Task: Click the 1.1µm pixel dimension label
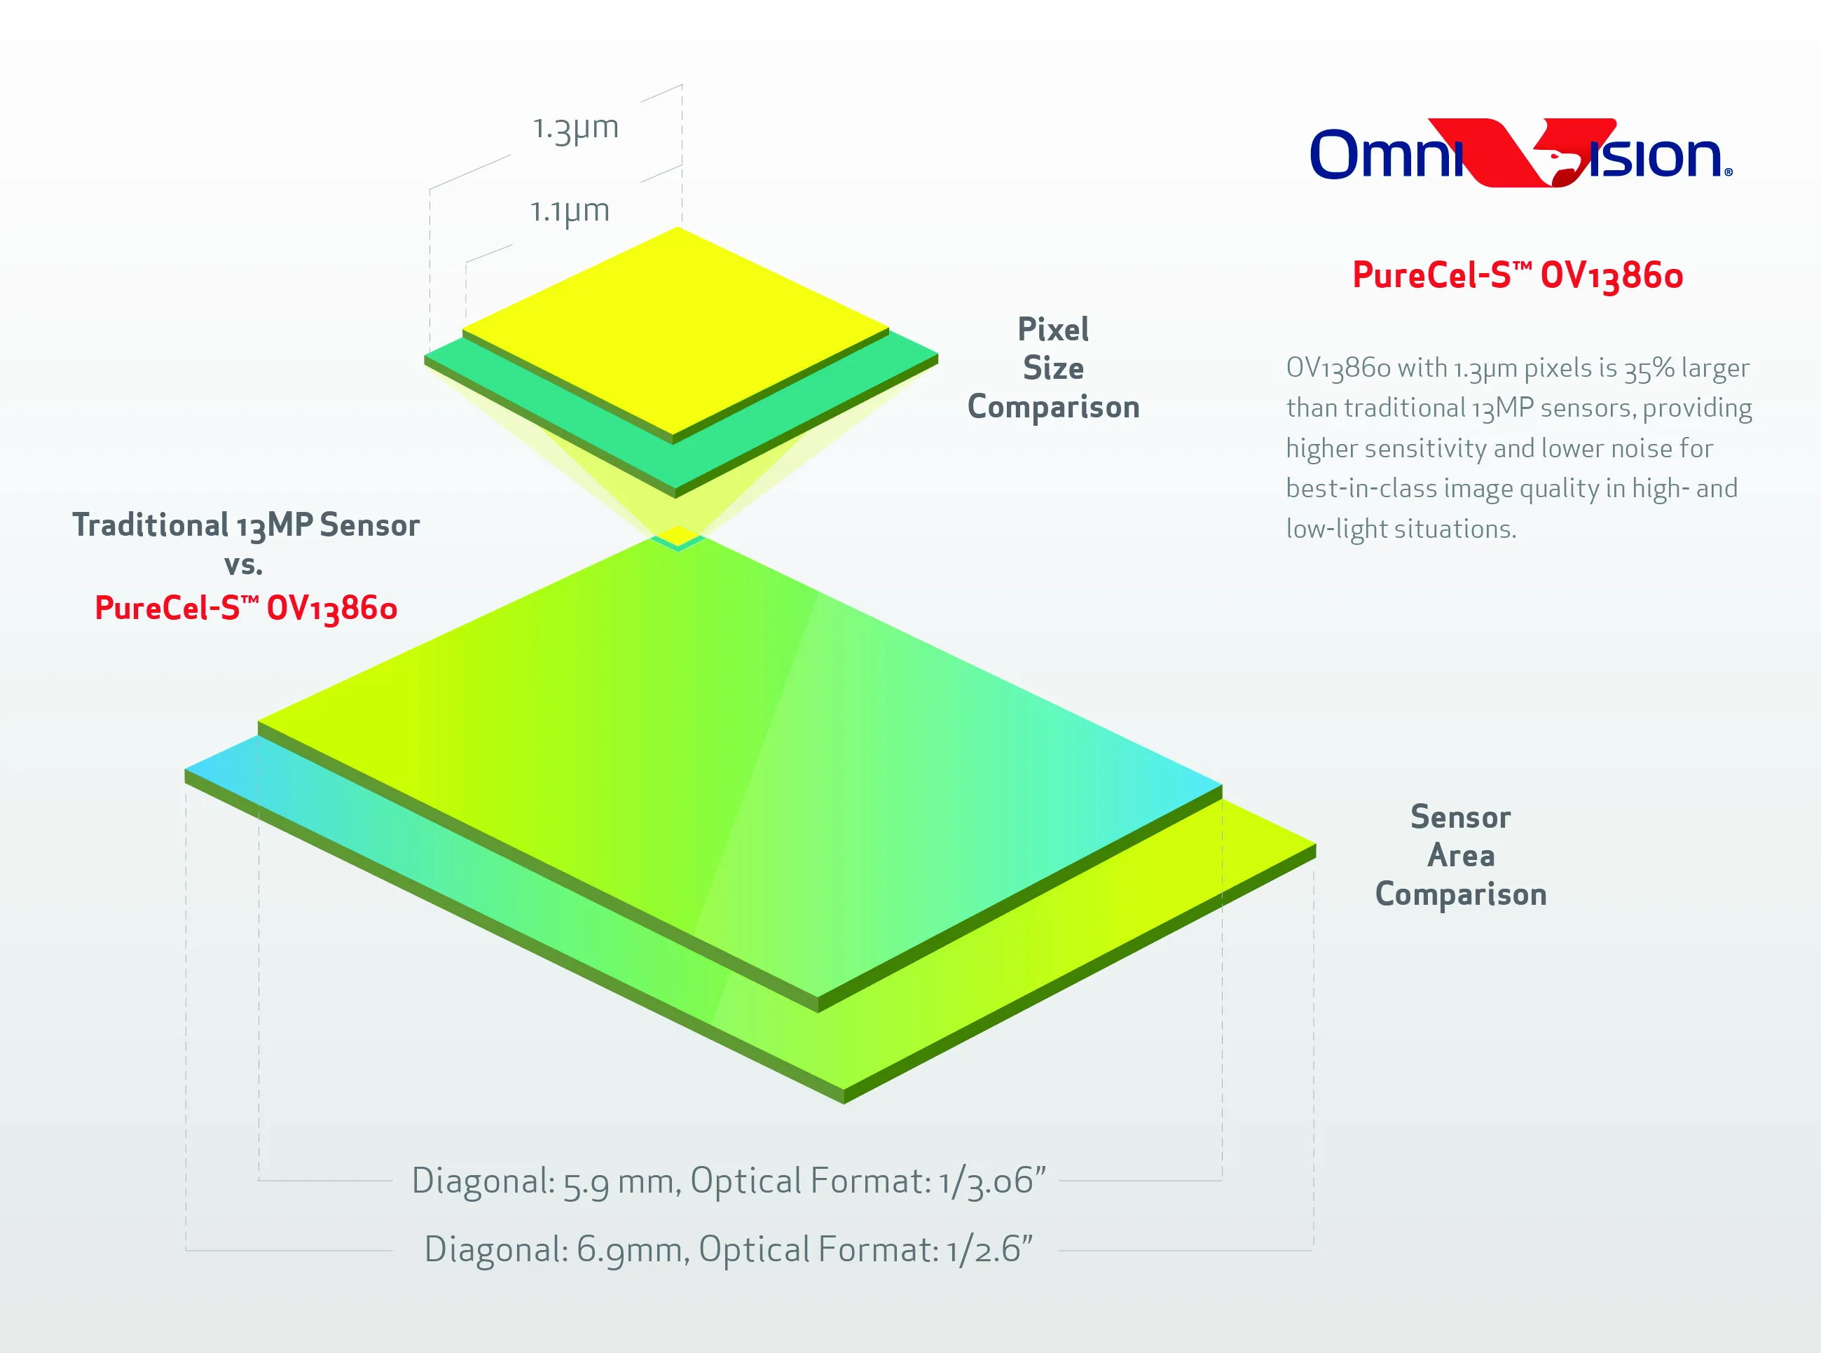point(570,211)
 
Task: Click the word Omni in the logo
point(1386,154)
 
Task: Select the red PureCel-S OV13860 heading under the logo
point(1517,275)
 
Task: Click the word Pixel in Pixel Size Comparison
point(1054,329)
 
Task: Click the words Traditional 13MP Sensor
point(246,525)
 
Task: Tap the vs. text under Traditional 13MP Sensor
point(243,565)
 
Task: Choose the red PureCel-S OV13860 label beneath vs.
point(246,609)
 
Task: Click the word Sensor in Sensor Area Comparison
point(1461,817)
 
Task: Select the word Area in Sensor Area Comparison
point(1461,855)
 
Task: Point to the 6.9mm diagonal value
point(633,1250)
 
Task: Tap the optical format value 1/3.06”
point(993,1181)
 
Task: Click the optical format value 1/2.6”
point(989,1250)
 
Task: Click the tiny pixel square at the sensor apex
point(678,537)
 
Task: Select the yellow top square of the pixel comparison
point(676,331)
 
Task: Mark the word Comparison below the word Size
point(1054,407)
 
